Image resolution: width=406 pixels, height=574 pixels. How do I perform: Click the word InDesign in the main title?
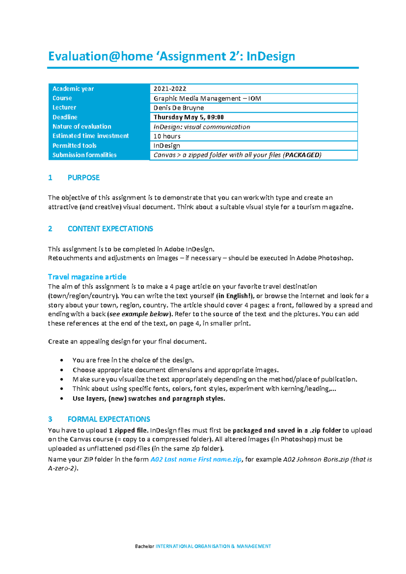(271, 56)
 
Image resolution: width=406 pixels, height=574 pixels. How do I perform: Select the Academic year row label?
(73, 89)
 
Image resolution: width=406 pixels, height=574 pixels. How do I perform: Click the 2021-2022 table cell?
(170, 89)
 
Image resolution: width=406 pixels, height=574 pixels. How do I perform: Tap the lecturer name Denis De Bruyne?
(179, 108)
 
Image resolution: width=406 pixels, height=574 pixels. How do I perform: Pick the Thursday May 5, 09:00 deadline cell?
(188, 117)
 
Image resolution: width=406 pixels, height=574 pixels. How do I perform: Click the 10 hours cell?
(167, 136)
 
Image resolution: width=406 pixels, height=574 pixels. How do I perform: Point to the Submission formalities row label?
(84, 155)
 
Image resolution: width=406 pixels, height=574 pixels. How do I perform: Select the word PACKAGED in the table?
(302, 155)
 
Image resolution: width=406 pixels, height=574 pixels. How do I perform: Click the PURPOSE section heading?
(84, 178)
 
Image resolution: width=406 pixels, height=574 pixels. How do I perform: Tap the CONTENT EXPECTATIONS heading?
(110, 229)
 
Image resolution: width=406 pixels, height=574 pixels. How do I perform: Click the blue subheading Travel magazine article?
(87, 277)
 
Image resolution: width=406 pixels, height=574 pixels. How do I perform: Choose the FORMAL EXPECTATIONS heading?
(109, 419)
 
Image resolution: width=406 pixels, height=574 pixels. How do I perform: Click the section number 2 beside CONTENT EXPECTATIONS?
(50, 229)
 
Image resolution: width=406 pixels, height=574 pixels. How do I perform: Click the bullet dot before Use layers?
(62, 399)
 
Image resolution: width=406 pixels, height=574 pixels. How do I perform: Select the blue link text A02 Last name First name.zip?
(196, 459)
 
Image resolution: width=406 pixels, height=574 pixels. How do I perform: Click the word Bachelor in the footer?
(144, 546)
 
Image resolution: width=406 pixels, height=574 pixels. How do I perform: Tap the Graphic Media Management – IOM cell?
(207, 98)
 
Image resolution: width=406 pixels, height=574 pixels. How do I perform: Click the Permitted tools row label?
(74, 146)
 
